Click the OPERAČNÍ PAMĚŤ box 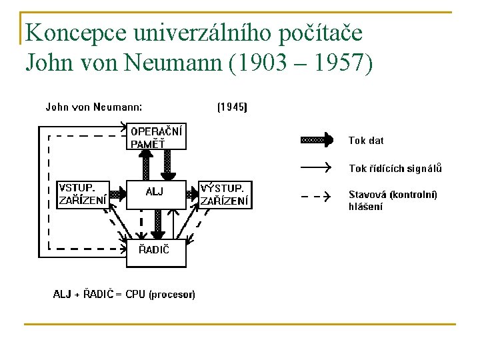click(155, 137)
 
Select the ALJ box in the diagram click(155, 193)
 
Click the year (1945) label click(232, 107)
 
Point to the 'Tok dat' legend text click(366, 141)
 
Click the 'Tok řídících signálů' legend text click(395, 169)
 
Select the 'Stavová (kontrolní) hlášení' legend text click(393, 200)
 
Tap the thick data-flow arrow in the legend click(317, 140)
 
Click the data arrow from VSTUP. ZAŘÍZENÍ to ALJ click(117, 195)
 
